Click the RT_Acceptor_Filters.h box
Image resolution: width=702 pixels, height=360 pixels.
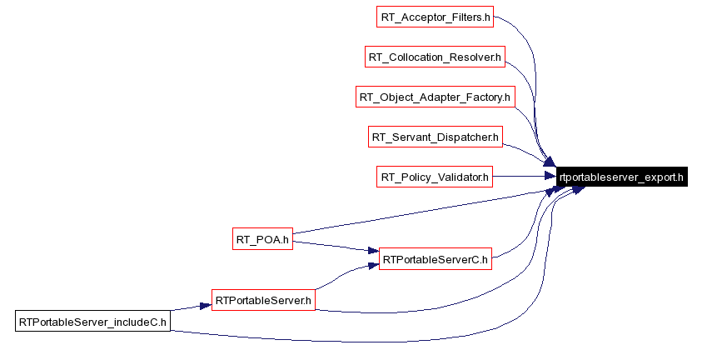(436, 16)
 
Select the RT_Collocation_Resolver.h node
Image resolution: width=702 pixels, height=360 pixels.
(436, 57)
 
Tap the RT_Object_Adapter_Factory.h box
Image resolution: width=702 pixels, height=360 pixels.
(435, 97)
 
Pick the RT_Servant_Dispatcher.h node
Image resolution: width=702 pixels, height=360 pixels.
(435, 137)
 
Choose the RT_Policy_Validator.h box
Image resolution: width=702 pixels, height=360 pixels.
(435, 177)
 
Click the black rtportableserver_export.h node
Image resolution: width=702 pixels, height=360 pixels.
(622, 177)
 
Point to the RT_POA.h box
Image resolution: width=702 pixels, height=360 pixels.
(261, 240)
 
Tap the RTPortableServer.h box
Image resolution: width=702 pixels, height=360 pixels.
(263, 299)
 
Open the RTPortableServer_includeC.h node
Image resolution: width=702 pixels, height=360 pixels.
(92, 321)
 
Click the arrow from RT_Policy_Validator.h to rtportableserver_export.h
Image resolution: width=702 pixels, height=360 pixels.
(525, 177)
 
